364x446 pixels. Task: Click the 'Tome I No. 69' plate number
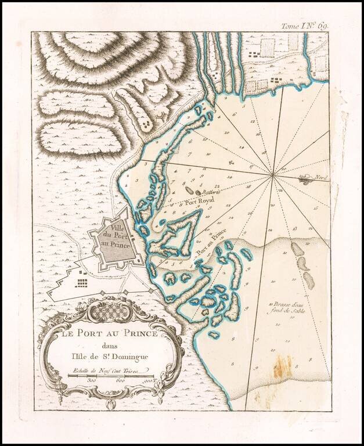click(x=319, y=26)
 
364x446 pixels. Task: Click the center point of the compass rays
click(x=272, y=174)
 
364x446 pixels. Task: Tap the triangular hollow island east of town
click(x=178, y=232)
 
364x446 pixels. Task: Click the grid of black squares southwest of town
click(x=82, y=282)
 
